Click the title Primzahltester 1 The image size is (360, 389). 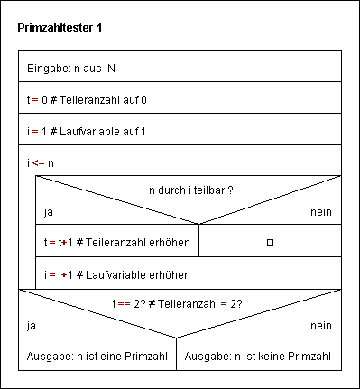(x=60, y=28)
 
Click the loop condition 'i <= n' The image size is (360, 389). (x=41, y=162)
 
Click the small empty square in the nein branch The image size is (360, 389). (x=270, y=243)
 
